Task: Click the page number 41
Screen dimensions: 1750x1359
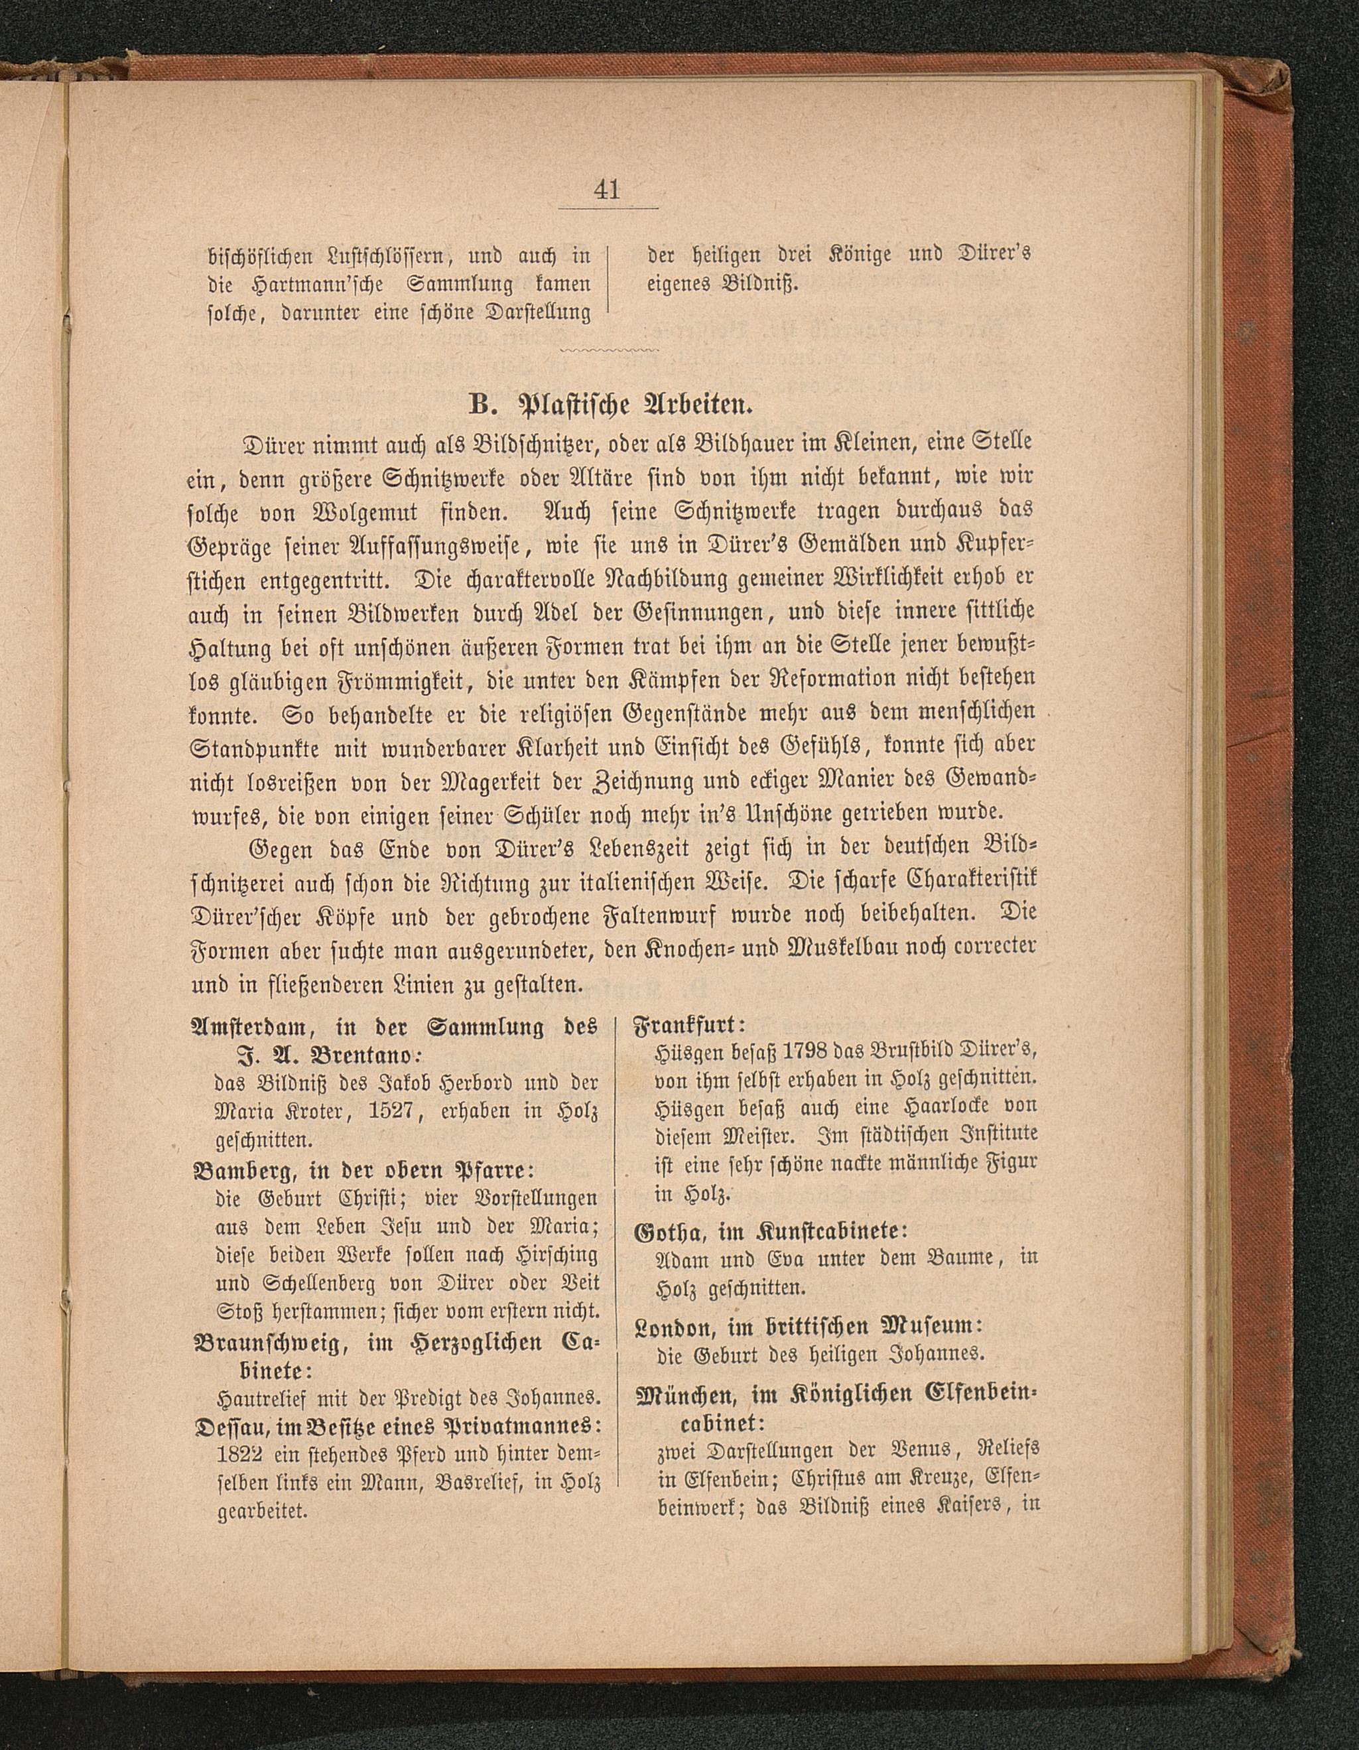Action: pos(607,190)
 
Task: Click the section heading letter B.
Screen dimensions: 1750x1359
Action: pos(478,405)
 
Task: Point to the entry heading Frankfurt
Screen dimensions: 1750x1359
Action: pos(688,1025)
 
